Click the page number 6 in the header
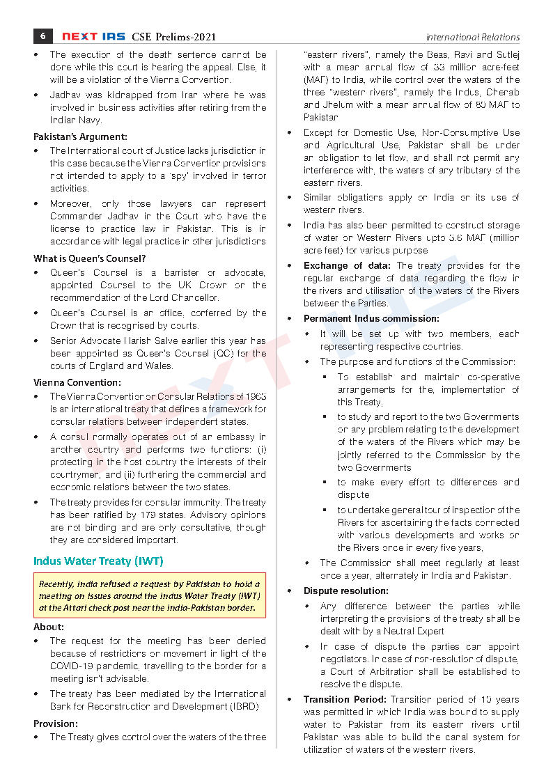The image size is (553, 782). click(42, 36)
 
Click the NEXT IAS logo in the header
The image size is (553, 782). click(94, 37)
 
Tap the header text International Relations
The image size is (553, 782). click(472, 38)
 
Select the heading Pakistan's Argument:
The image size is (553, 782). click(80, 137)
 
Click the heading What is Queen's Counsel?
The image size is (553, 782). click(84, 258)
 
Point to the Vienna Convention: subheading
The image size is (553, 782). click(77, 382)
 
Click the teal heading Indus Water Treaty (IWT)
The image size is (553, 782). click(98, 561)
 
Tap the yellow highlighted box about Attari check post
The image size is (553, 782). click(149, 596)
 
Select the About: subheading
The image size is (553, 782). click(49, 627)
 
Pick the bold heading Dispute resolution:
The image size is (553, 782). click(345, 591)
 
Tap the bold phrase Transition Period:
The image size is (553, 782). click(345, 699)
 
